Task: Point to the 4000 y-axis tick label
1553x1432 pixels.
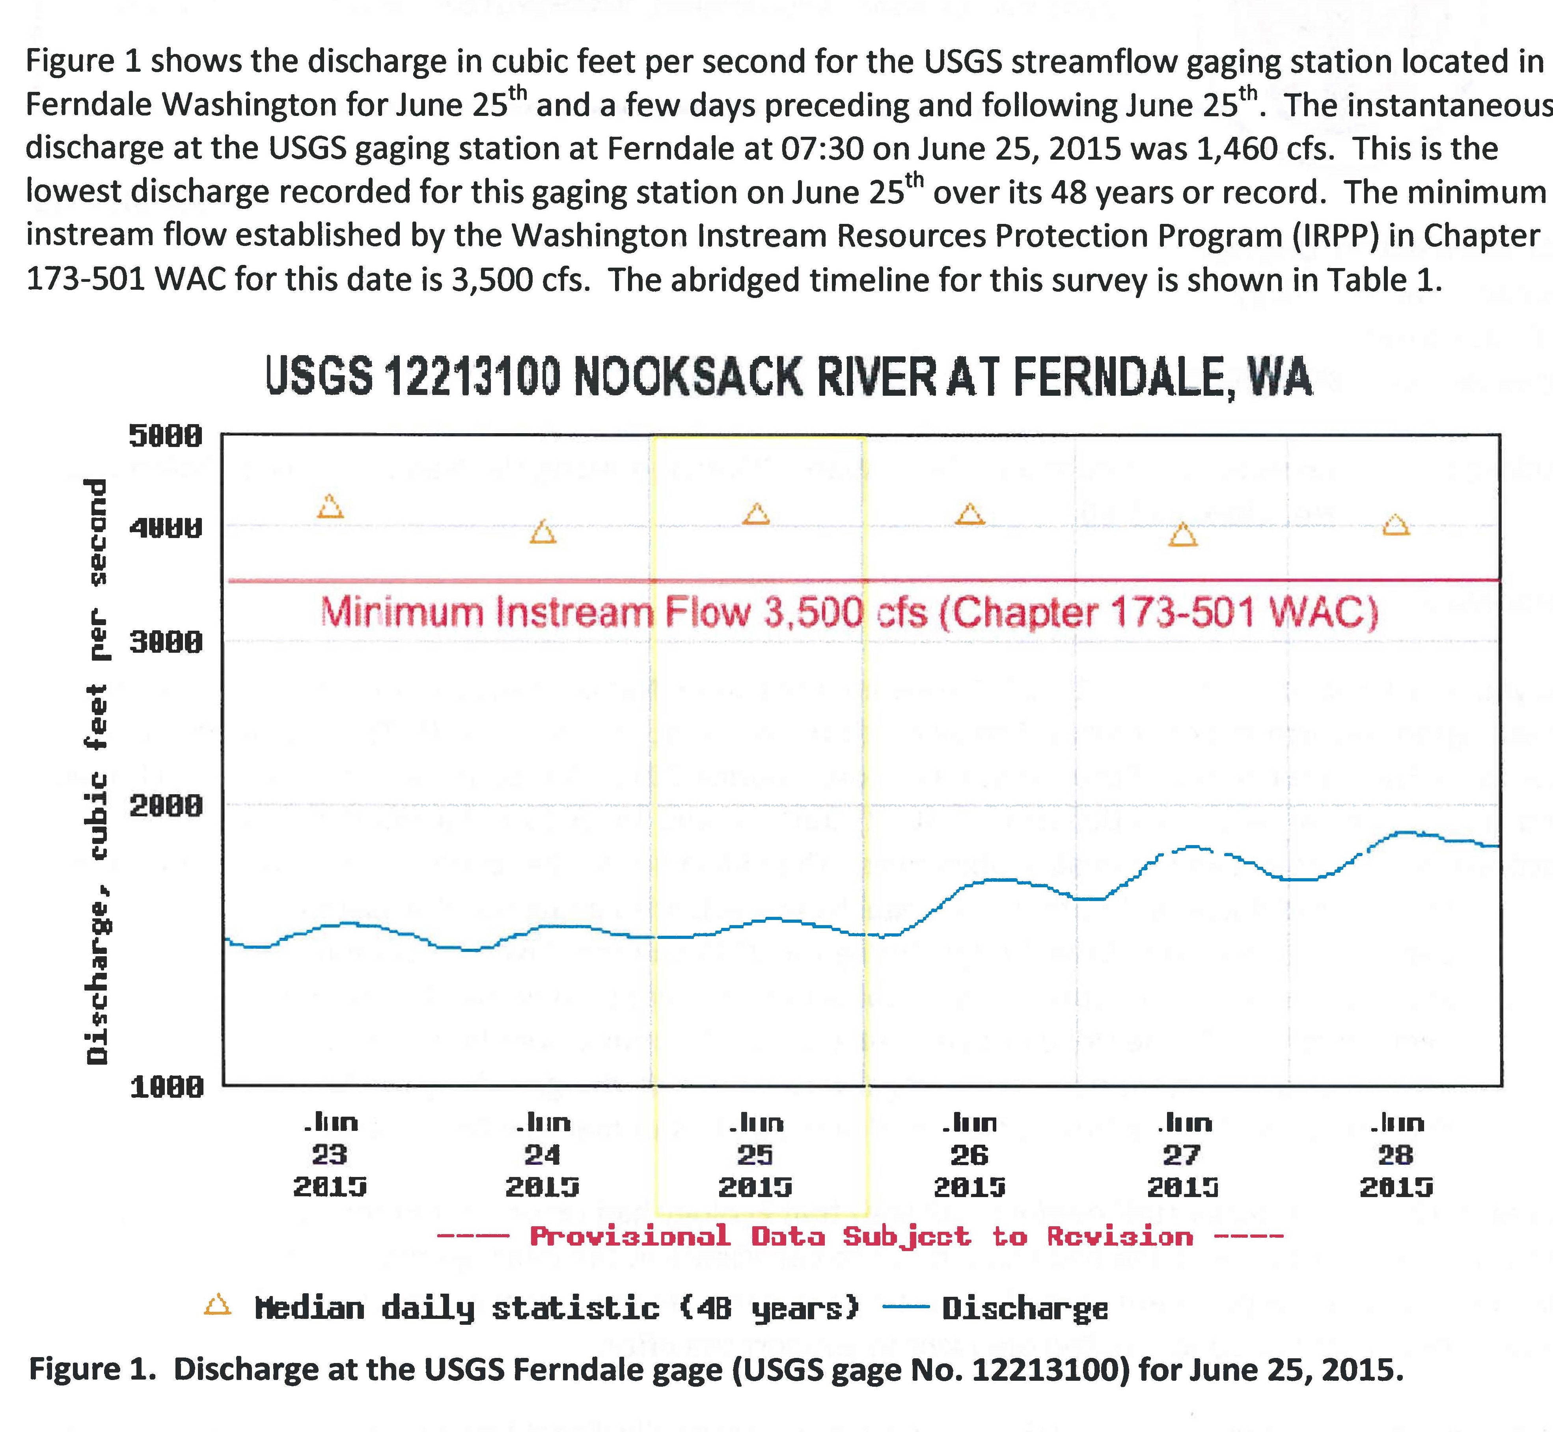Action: point(165,529)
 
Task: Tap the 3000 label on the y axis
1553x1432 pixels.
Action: point(165,642)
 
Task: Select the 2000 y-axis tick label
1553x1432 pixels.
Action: point(165,806)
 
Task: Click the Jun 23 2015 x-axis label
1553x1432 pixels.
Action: point(329,1155)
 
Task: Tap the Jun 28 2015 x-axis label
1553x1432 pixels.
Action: point(1396,1155)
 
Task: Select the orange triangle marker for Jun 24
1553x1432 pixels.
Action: point(543,533)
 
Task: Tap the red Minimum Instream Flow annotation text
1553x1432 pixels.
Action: point(849,613)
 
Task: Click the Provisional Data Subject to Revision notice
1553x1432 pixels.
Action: point(860,1235)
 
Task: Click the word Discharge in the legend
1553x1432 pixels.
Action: point(1024,1308)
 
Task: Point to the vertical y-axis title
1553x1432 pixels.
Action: point(98,771)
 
